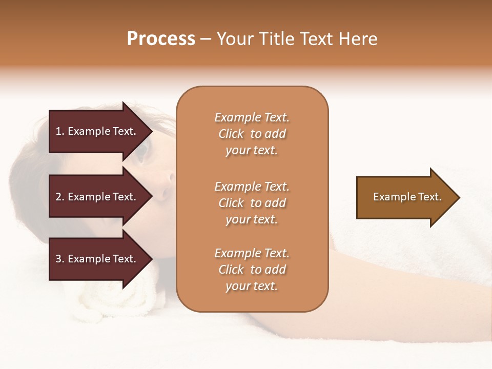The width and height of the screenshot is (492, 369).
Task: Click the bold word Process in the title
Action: tap(161, 39)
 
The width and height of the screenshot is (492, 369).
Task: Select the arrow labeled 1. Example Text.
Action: tap(97, 131)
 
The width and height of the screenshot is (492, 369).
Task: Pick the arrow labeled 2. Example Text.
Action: tap(97, 197)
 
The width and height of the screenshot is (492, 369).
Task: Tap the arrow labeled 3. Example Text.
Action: tap(97, 259)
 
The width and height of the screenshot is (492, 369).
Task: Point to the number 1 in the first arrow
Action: tap(58, 131)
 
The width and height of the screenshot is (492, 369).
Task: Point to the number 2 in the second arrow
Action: tap(58, 197)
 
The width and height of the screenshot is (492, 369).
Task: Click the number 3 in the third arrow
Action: tap(58, 259)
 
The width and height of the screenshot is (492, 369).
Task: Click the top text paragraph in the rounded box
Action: tap(252, 134)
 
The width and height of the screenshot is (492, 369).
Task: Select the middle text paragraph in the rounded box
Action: tap(252, 203)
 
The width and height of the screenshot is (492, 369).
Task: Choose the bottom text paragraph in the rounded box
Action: tap(252, 270)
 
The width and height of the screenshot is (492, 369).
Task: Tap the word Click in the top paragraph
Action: tap(231, 134)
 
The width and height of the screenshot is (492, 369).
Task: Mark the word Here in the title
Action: tap(359, 39)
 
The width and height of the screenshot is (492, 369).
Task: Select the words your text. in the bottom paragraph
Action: tap(252, 286)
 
